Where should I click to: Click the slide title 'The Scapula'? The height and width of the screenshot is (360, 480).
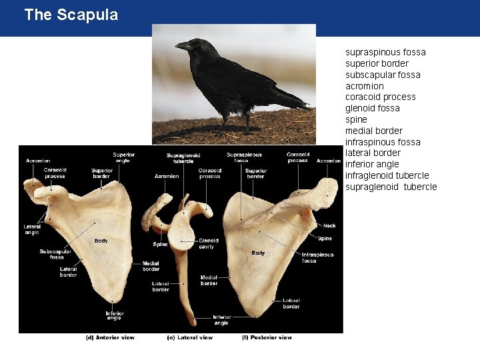point(71,15)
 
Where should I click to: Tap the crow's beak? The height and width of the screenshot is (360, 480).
point(181,46)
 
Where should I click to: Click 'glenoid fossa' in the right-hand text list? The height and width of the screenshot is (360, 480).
point(372,108)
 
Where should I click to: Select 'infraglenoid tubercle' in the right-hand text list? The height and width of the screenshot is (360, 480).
point(387,175)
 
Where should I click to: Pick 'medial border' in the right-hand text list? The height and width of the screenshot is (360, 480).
point(373,131)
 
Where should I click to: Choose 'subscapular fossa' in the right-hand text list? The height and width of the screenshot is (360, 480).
point(383,75)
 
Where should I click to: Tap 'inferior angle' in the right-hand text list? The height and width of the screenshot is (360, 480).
point(372,164)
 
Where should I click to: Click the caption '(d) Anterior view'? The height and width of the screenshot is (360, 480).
point(110,337)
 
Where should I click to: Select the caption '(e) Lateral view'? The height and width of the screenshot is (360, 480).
point(189,337)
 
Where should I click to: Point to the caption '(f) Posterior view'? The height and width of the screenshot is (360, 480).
point(267,337)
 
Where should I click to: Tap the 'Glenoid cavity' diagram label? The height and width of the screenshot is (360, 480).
point(207,244)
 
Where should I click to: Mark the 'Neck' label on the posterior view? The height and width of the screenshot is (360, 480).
point(329,226)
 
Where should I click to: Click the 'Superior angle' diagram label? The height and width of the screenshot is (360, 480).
point(123,158)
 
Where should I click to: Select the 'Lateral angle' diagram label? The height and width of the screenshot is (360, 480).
point(32,229)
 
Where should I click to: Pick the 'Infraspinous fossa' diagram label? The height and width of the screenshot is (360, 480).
point(317,257)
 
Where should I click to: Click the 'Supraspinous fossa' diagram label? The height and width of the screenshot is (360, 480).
point(243,158)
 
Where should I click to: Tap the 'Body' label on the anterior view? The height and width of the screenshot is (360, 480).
point(101,241)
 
